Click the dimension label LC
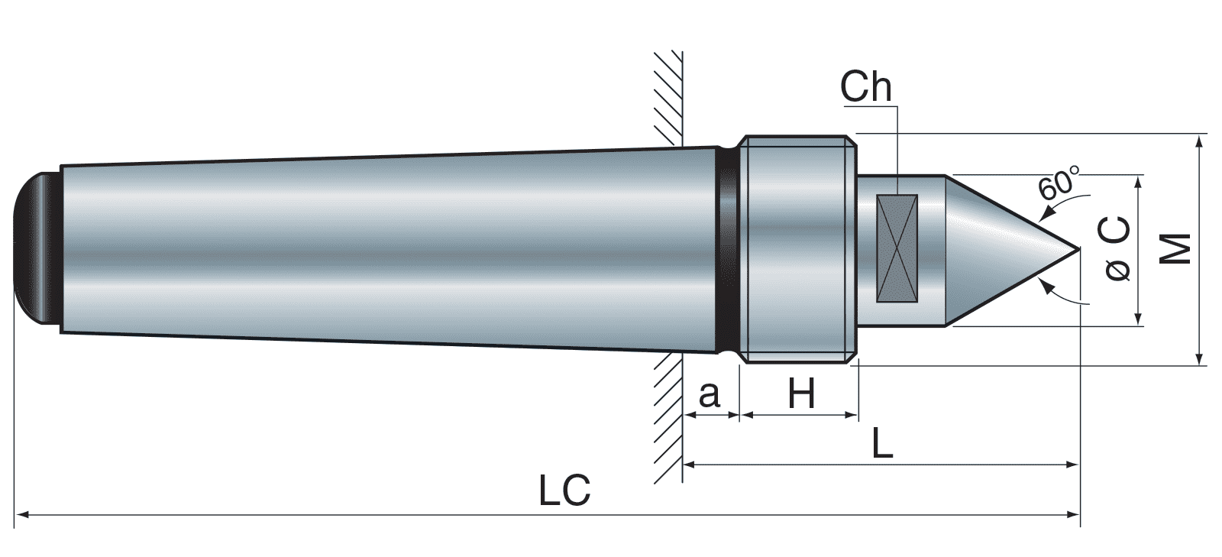coord(564,491)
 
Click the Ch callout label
coord(865,87)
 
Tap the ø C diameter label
coord(1117,249)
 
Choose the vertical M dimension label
coord(1176,249)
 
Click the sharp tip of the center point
coord(1078,248)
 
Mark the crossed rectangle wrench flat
coord(897,248)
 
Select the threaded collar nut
coord(798,248)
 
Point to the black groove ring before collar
coord(728,249)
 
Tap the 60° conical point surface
coord(1001,249)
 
